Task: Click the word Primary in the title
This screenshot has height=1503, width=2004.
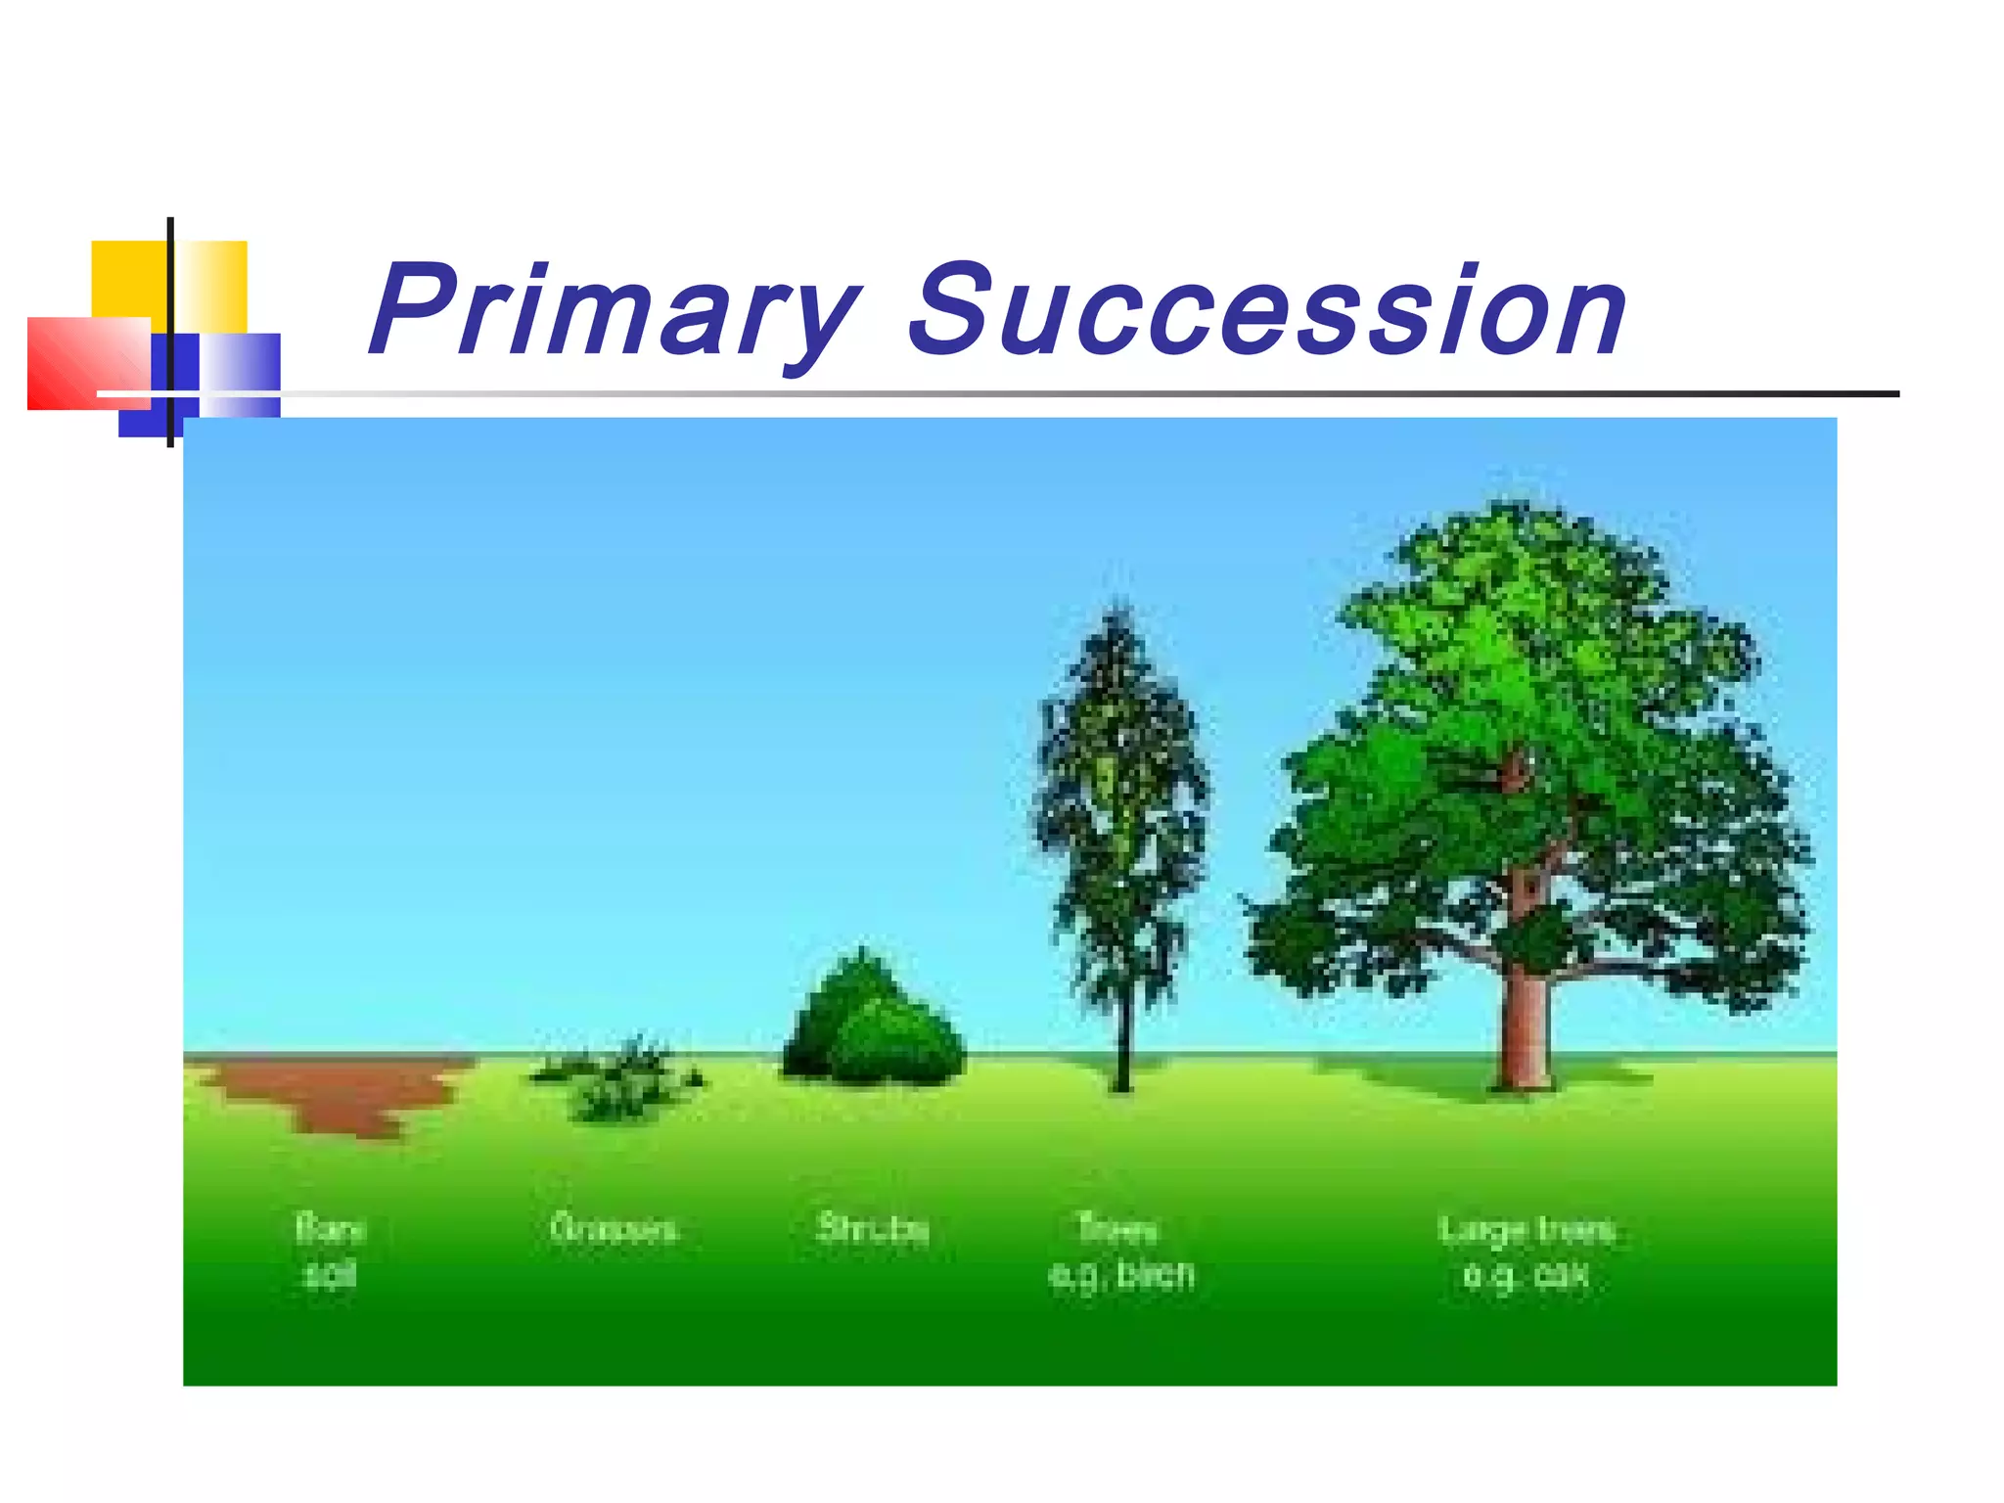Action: (x=615, y=311)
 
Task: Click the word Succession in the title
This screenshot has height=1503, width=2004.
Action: (x=1268, y=311)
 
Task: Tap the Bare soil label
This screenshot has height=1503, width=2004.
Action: (x=330, y=1252)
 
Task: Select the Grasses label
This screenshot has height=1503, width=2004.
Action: (x=613, y=1229)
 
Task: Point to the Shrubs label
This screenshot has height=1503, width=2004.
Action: (x=873, y=1229)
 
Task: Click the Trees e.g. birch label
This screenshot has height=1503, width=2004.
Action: (x=1120, y=1252)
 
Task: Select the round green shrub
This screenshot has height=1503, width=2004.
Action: (x=874, y=1027)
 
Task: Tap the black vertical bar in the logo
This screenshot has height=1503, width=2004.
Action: (x=171, y=294)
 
